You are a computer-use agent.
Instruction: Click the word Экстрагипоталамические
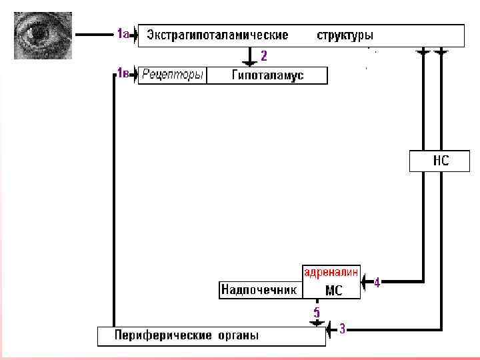tap(217, 35)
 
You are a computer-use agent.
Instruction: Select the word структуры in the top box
tap(345, 35)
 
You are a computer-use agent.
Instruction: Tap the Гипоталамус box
tap(267, 75)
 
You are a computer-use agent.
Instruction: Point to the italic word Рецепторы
tap(172, 75)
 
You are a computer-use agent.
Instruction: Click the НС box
tap(440, 161)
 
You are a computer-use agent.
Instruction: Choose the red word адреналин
tap(331, 272)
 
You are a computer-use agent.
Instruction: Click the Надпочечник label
tap(259, 290)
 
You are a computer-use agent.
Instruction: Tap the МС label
tap(333, 291)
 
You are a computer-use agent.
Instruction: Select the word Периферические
tap(163, 335)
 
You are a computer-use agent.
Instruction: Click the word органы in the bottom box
tap(238, 335)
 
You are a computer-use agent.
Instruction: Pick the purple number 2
tap(264, 55)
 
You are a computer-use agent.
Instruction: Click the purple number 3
tap(342, 329)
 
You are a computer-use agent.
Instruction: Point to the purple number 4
tap(377, 283)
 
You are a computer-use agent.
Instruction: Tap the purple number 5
tap(317, 312)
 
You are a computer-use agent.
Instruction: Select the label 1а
tap(123, 33)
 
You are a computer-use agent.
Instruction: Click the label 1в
tap(123, 73)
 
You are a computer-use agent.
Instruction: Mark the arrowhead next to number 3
tap(330, 329)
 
